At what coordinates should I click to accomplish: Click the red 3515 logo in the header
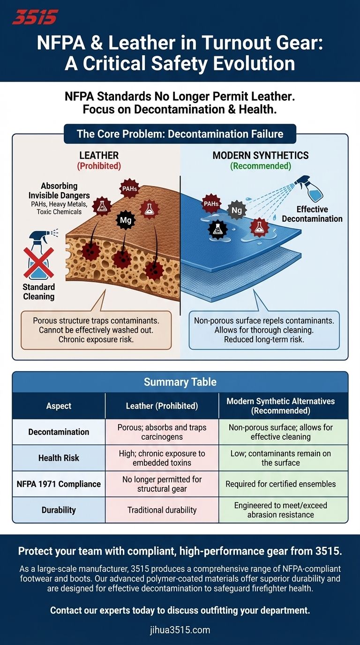(x=35, y=17)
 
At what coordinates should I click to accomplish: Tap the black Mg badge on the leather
(x=126, y=220)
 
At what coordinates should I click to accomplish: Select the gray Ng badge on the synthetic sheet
(x=236, y=210)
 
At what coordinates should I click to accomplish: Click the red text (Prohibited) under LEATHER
(x=99, y=166)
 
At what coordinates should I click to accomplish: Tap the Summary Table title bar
(x=180, y=382)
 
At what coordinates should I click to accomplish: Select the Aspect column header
(x=59, y=405)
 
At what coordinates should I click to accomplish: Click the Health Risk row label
(x=59, y=457)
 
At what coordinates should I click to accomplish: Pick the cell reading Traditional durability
(x=162, y=510)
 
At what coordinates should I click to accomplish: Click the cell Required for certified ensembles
(x=283, y=484)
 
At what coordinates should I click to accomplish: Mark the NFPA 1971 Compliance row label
(x=59, y=484)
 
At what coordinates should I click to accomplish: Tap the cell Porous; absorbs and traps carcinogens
(x=162, y=432)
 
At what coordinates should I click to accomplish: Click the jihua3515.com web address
(x=180, y=630)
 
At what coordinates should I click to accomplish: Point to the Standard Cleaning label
(x=39, y=291)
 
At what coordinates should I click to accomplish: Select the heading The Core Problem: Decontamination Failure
(x=180, y=134)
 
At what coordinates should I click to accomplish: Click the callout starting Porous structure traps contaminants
(x=96, y=330)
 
